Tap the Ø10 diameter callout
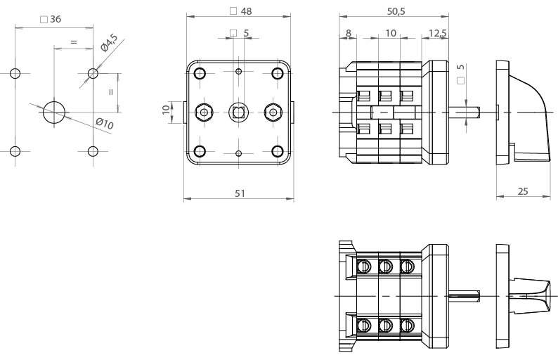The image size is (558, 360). pyautogui.click(x=105, y=124)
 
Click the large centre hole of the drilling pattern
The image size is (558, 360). pyautogui.click(x=54, y=111)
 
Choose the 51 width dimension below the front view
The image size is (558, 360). pyautogui.click(x=240, y=193)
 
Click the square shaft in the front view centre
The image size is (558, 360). pyautogui.click(x=239, y=111)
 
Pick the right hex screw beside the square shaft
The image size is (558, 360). pyautogui.click(x=273, y=111)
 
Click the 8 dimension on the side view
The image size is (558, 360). pyautogui.click(x=348, y=33)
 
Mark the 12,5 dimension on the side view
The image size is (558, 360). pyautogui.click(x=436, y=33)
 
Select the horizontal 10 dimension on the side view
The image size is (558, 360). pyautogui.click(x=391, y=33)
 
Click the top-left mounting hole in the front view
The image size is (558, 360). pyautogui.click(x=200, y=73)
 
